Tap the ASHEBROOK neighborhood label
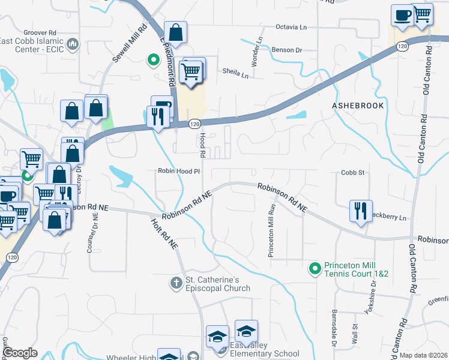point(357,105)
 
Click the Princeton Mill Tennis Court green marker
point(314,269)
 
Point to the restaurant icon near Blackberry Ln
point(361,211)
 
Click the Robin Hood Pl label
point(178,171)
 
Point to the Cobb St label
point(354,172)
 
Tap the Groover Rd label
point(40,32)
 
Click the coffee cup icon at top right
point(402,14)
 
